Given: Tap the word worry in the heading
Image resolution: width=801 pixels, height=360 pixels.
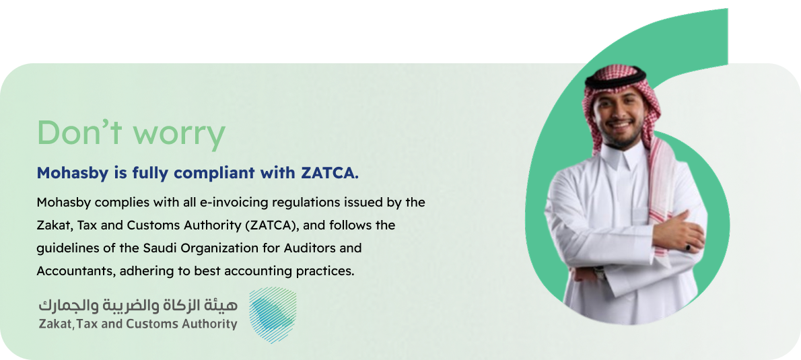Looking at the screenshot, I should tap(178, 135).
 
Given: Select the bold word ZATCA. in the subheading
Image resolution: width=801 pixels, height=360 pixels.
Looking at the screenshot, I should tap(327, 173).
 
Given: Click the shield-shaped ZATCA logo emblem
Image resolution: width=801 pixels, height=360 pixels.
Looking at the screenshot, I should tap(272, 315).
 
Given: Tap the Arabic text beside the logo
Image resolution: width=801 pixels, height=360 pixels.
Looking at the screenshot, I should tap(138, 305).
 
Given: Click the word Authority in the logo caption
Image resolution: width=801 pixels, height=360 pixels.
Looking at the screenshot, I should tap(209, 324).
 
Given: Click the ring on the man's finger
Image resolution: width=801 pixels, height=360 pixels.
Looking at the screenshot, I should tap(689, 248).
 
